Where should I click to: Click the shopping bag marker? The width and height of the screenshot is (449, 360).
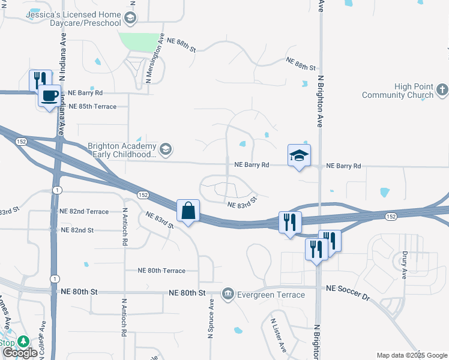click(188, 211)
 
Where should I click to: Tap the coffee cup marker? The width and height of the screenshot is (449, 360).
click(50, 95)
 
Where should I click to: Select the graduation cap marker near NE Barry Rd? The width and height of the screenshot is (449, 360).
click(299, 156)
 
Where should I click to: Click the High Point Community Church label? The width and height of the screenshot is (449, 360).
click(398, 91)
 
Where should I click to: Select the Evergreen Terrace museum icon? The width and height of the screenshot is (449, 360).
click(228, 293)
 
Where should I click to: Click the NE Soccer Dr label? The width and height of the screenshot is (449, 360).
click(348, 289)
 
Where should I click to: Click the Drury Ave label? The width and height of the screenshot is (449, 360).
click(405, 265)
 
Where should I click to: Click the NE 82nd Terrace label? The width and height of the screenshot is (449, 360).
click(84, 212)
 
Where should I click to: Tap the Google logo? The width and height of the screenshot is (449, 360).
click(20, 352)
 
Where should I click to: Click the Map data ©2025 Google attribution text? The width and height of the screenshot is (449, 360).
click(411, 355)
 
